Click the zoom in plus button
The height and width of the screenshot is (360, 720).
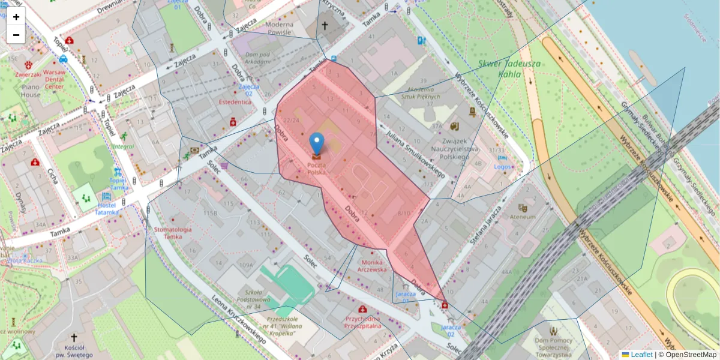coord(16,17)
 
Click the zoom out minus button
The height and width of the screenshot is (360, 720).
coord(16,35)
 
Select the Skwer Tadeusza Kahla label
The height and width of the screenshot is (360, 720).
coord(510,69)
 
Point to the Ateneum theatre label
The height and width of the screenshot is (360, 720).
coord(522,217)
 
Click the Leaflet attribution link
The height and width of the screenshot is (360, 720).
coord(641,355)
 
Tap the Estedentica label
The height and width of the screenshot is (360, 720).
coord(235,102)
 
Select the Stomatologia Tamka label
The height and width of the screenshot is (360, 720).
coord(172,233)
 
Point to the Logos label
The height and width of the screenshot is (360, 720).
coord(503,167)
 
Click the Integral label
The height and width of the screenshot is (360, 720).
coord(122,146)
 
